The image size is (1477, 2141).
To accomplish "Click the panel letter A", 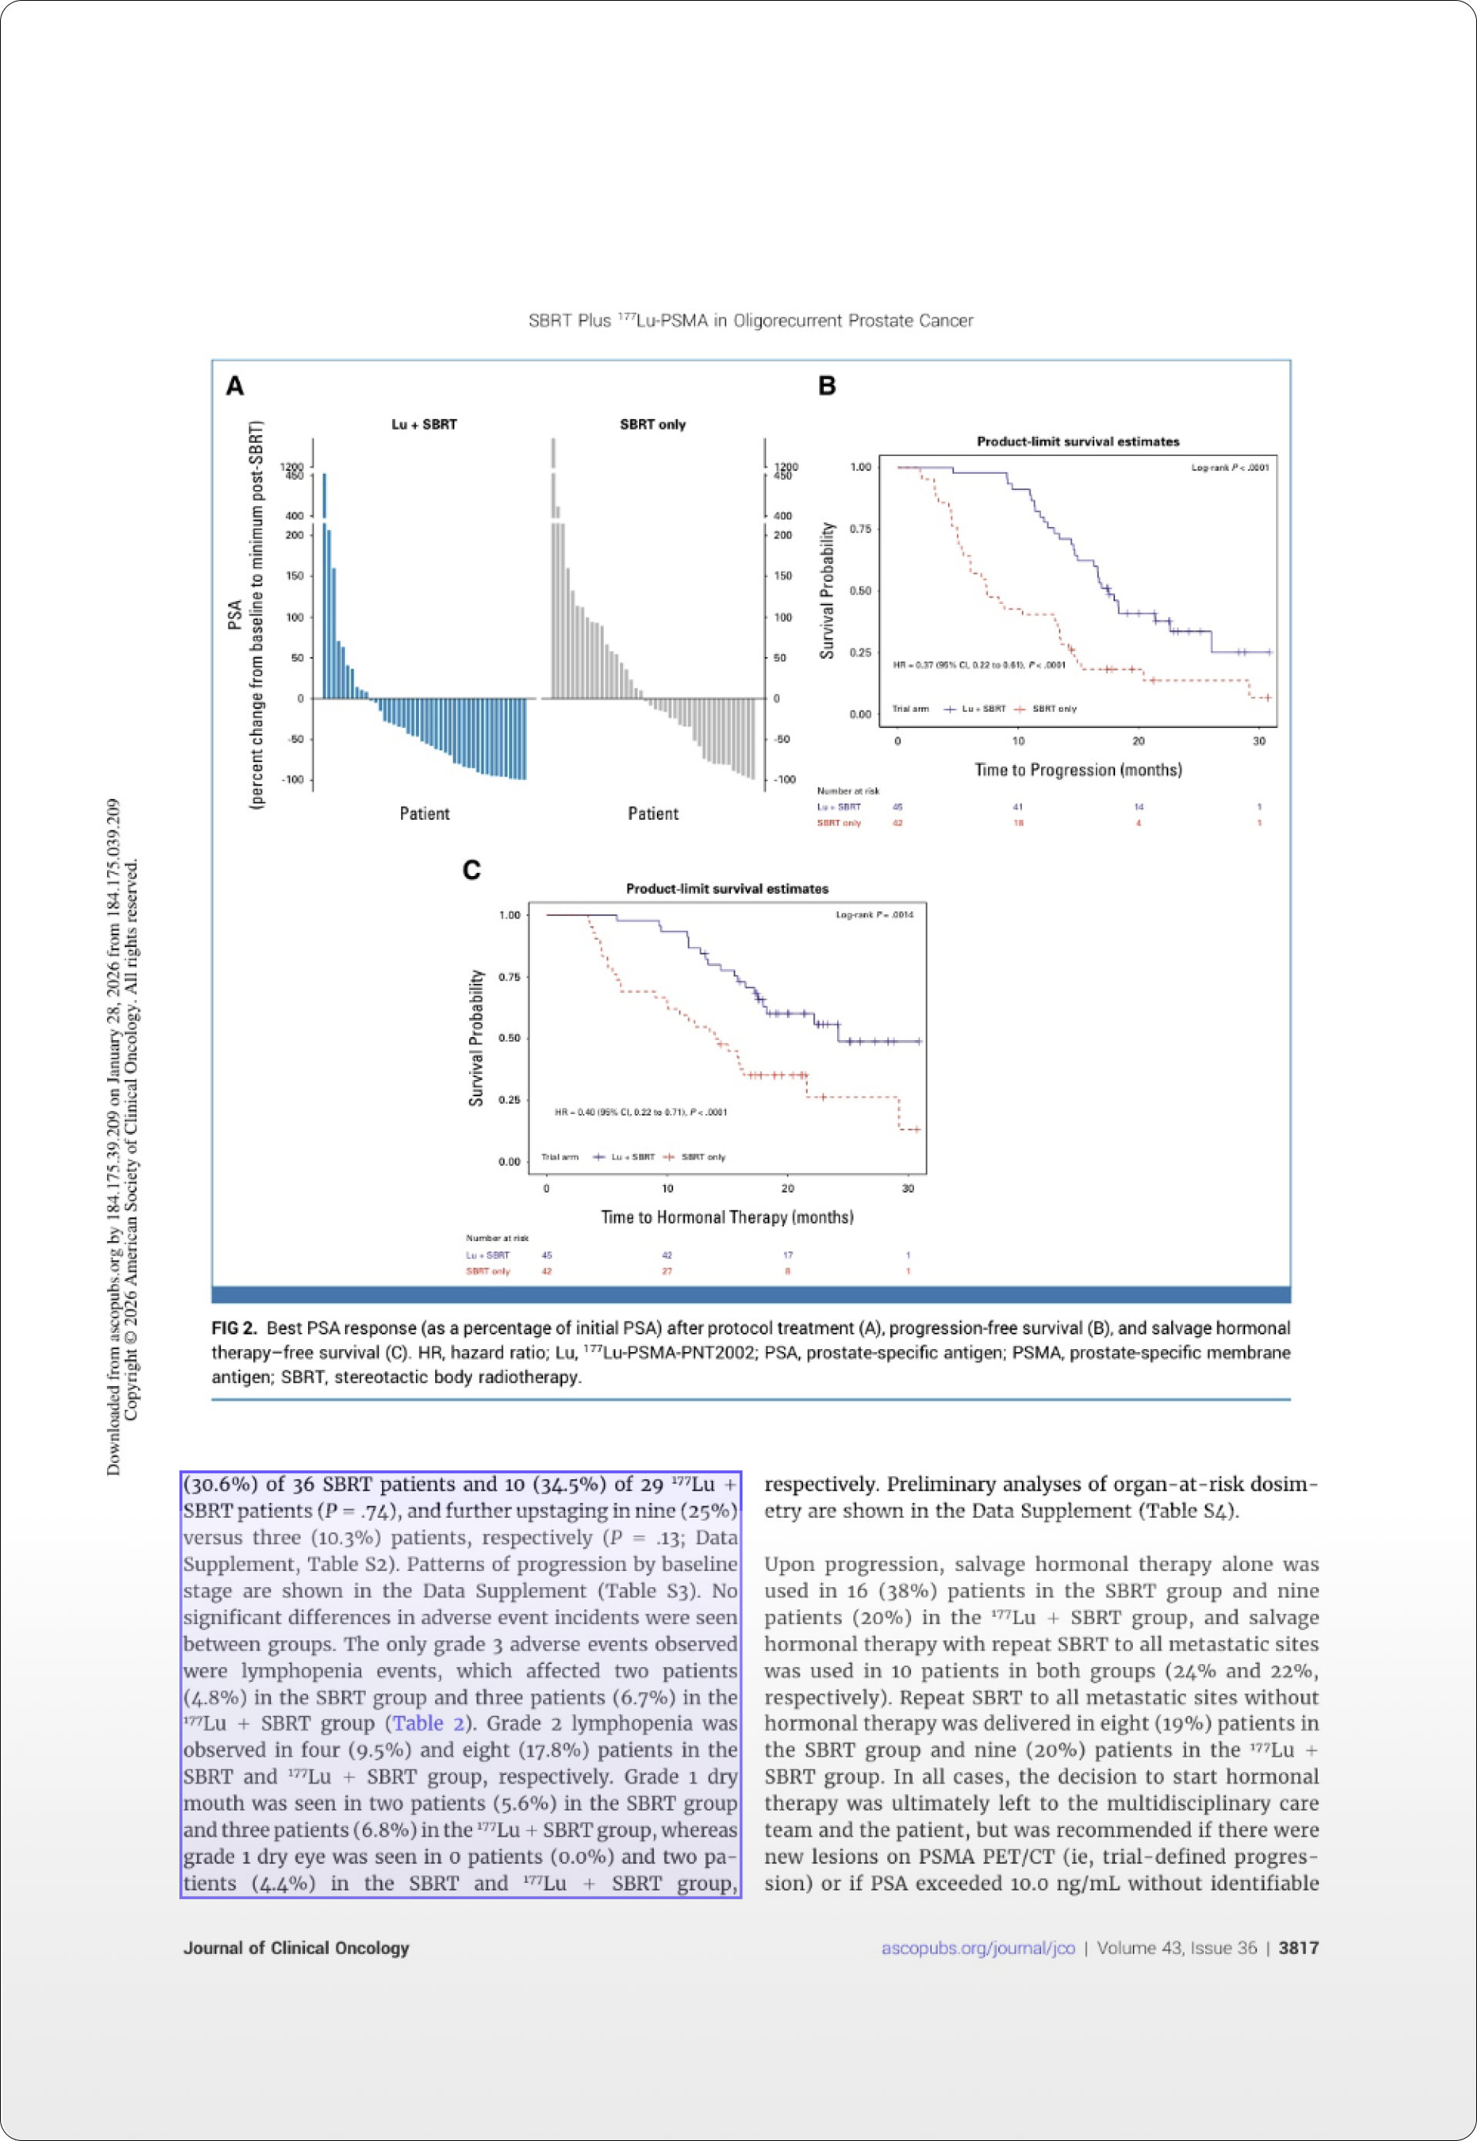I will [x=235, y=386].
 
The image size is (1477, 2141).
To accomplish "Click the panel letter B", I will [x=826, y=386].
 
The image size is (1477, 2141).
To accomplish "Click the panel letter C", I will [x=471, y=870].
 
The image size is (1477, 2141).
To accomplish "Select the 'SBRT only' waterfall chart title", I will [x=652, y=424].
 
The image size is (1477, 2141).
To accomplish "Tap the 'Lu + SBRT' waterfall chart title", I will [x=424, y=424].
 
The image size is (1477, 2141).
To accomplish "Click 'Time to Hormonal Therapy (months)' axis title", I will [x=726, y=1217].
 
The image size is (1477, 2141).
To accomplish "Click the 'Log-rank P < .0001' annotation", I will [x=1229, y=468].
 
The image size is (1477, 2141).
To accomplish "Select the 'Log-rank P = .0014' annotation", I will [x=873, y=914].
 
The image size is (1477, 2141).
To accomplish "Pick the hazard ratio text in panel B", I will [x=978, y=665].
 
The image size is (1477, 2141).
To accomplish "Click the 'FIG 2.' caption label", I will [x=234, y=1328].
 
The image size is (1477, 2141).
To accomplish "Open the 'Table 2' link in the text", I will [x=428, y=1723].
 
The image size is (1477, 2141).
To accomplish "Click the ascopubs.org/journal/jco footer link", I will [x=977, y=1948].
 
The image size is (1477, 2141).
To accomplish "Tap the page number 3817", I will [x=1298, y=1948].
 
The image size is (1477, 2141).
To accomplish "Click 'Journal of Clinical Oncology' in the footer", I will [x=296, y=1948].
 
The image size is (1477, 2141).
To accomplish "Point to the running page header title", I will [x=751, y=320].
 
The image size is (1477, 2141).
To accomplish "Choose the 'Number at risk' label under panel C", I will [x=497, y=1237].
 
